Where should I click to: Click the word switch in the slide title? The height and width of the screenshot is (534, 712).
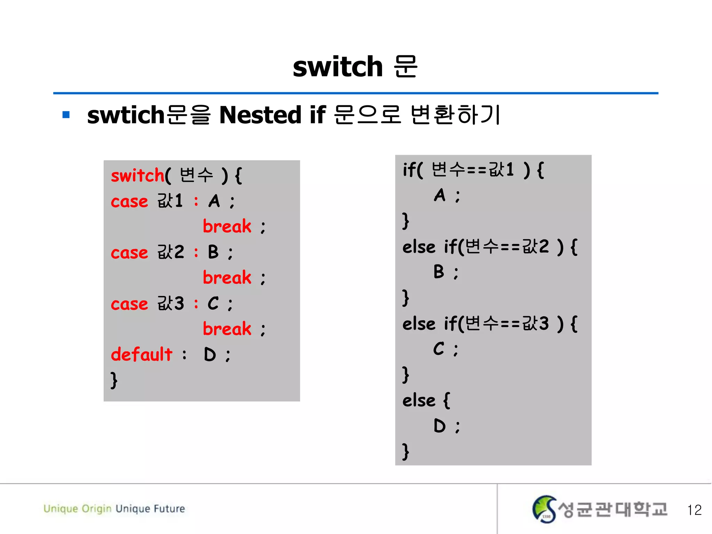[x=338, y=67]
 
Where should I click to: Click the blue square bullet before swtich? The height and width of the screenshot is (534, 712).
[x=66, y=115]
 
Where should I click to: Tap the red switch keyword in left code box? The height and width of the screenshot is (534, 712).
[x=137, y=175]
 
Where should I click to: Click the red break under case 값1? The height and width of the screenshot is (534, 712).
[x=227, y=226]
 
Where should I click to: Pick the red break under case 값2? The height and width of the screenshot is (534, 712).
[x=227, y=277]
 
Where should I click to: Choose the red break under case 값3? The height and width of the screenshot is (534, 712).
[x=227, y=329]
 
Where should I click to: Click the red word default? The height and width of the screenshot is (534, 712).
[x=141, y=354]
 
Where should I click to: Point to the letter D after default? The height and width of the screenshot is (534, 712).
[x=210, y=355]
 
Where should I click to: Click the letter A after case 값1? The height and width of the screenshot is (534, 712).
[x=214, y=201]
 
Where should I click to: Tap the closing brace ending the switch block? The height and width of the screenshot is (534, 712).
[x=114, y=380]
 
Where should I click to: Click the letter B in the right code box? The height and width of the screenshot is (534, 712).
[x=439, y=272]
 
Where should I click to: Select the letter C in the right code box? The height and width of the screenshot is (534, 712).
[x=439, y=348]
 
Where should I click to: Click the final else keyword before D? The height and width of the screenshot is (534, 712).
[x=419, y=400]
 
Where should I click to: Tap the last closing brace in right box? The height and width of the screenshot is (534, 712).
[x=405, y=451]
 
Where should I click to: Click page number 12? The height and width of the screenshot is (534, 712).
[x=694, y=510]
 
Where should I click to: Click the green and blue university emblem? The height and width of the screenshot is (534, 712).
[x=544, y=509]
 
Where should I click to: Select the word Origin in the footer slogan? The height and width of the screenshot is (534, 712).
[x=96, y=509]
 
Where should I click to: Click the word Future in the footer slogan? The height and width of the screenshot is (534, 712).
[x=169, y=509]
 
